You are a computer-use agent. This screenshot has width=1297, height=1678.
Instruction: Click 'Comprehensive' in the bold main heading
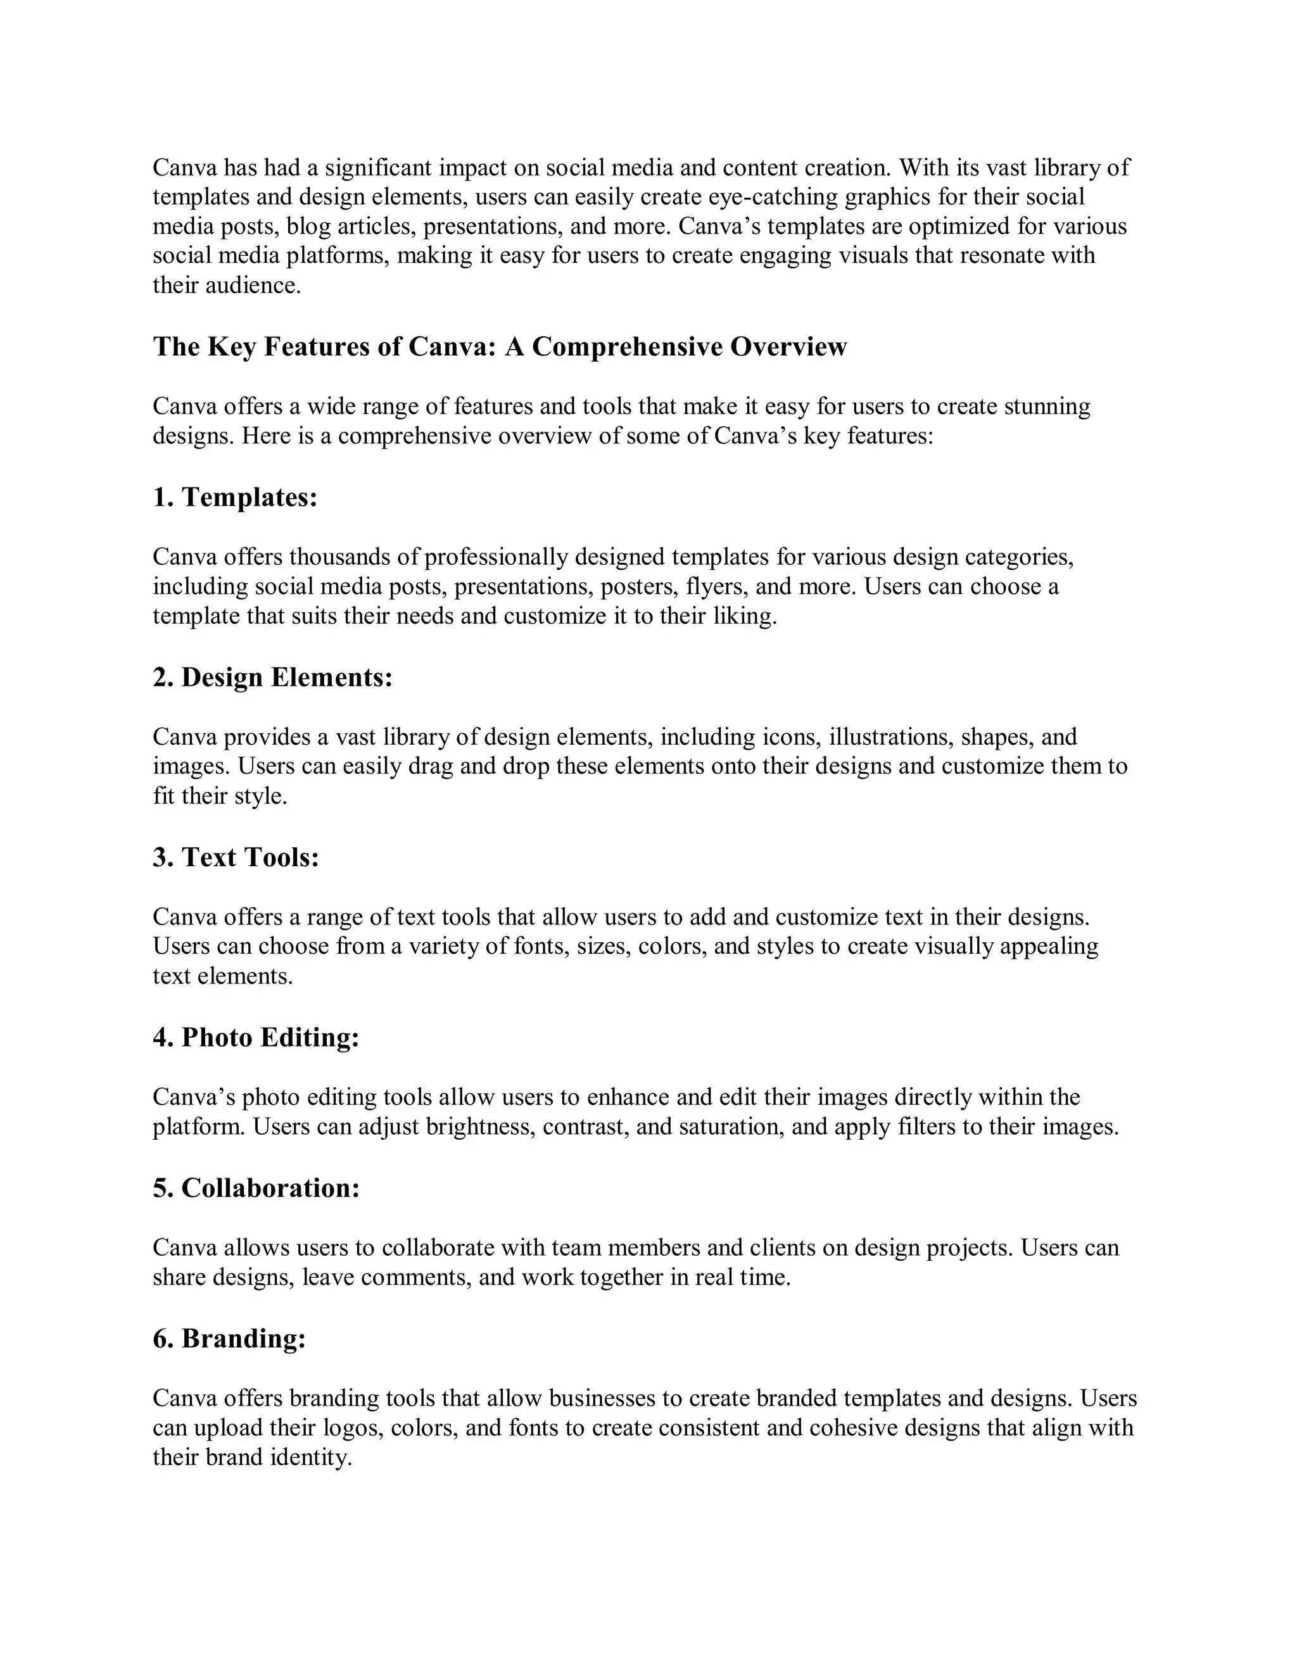point(627,347)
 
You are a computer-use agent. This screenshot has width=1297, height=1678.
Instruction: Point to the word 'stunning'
point(1047,407)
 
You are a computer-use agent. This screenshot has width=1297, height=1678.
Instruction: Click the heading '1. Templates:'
point(235,498)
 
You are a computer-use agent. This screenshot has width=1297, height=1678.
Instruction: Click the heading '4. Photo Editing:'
point(256,1038)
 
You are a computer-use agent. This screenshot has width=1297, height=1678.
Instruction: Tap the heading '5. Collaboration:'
point(256,1189)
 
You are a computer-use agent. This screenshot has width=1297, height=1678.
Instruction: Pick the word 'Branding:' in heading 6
point(244,1339)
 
